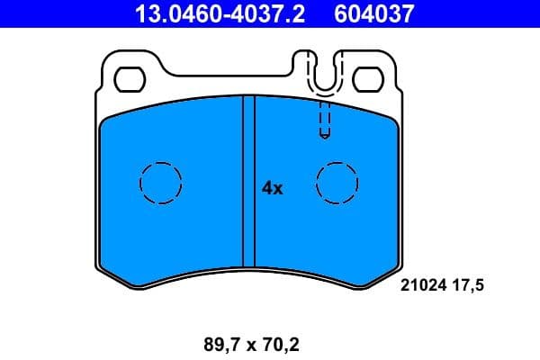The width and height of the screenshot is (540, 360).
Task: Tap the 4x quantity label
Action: tap(272, 188)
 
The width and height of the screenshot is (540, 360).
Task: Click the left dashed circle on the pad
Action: tap(161, 184)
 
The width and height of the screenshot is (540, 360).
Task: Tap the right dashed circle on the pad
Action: tap(337, 184)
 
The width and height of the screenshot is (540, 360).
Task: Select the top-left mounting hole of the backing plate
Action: tap(132, 79)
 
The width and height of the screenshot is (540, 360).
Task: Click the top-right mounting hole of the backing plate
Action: tap(367, 79)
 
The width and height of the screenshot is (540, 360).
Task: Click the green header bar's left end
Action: tap(7, 13)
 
